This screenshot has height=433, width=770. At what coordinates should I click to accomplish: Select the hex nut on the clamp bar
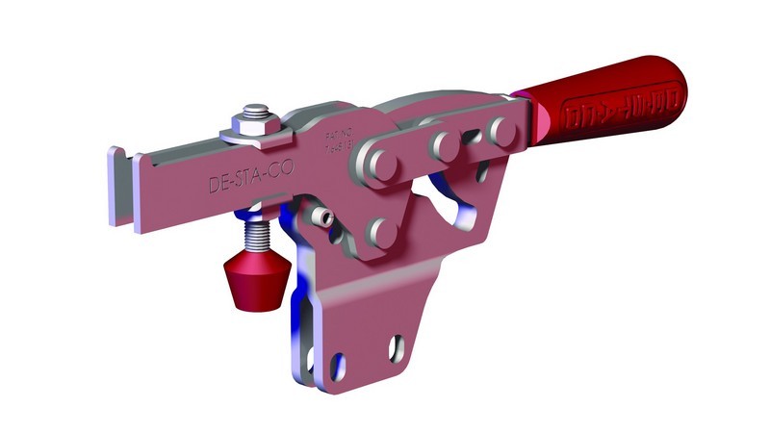coord(255,126)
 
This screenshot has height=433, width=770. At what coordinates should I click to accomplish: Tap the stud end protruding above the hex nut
coord(255,112)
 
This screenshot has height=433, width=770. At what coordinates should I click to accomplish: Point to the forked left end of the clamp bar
coord(124,188)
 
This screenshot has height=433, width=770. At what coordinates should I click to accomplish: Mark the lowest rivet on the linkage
coord(383,232)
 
